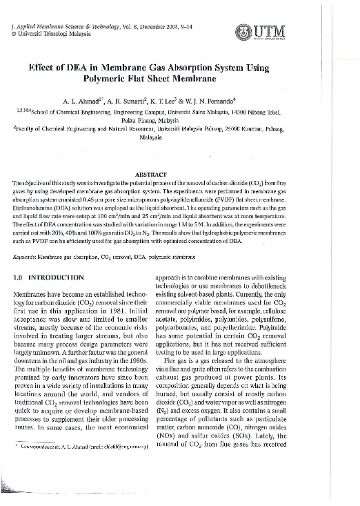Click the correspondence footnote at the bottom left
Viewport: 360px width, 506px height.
point(90,467)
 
